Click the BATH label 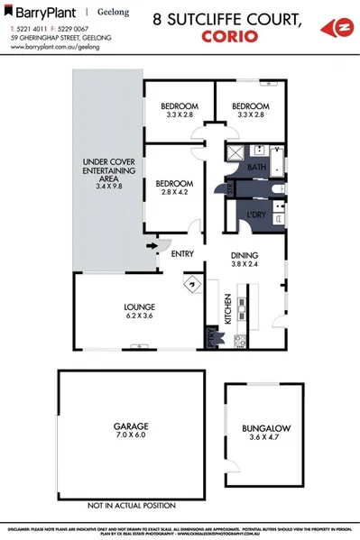257,168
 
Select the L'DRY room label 255,214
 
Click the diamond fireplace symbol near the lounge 190,285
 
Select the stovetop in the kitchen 240,341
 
